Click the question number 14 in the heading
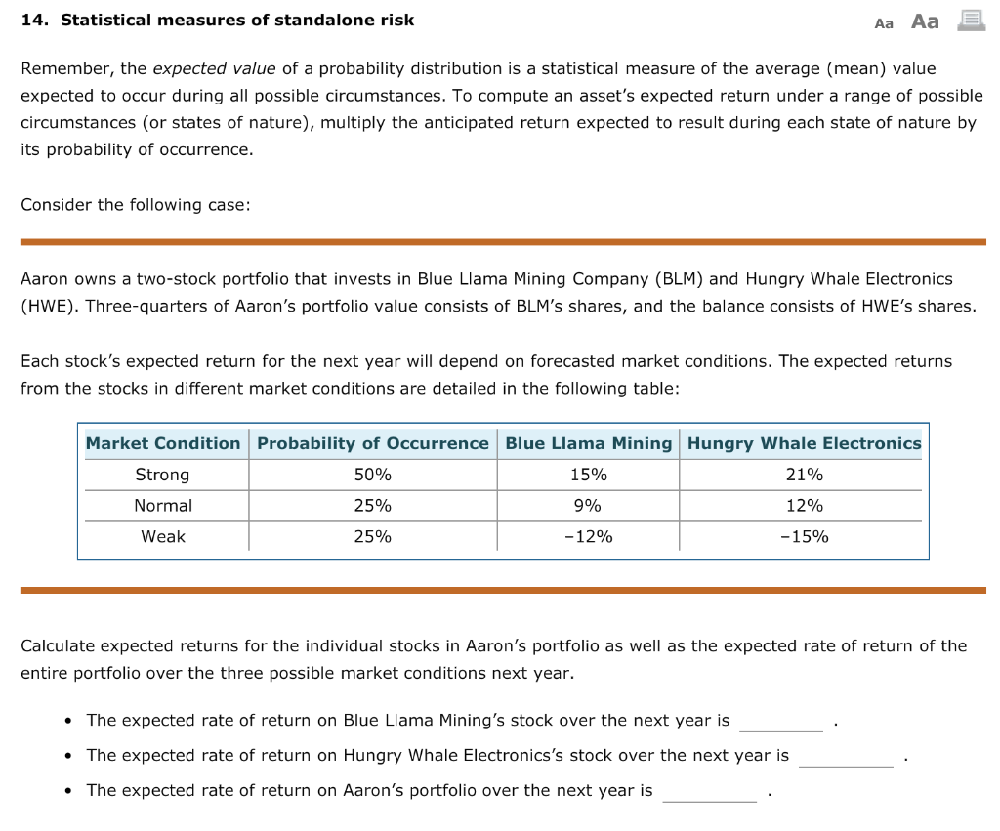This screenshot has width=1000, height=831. (35, 20)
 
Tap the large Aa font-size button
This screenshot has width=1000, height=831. (924, 21)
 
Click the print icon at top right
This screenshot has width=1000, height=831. (970, 20)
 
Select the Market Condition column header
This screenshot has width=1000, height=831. (163, 443)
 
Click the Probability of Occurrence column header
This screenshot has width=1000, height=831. (372, 443)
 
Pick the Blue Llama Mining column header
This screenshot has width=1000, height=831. (588, 443)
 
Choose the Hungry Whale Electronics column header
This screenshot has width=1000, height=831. (804, 443)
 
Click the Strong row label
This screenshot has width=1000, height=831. (163, 475)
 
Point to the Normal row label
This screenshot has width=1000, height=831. (163, 506)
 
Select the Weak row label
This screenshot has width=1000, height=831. (163, 536)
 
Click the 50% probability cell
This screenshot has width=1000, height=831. (372, 475)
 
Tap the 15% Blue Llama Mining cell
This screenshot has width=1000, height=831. (588, 475)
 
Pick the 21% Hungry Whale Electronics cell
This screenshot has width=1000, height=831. (804, 475)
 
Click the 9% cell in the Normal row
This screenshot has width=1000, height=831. (588, 506)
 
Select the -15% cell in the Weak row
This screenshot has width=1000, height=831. (804, 536)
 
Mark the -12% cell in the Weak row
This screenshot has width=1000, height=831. (588, 536)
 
